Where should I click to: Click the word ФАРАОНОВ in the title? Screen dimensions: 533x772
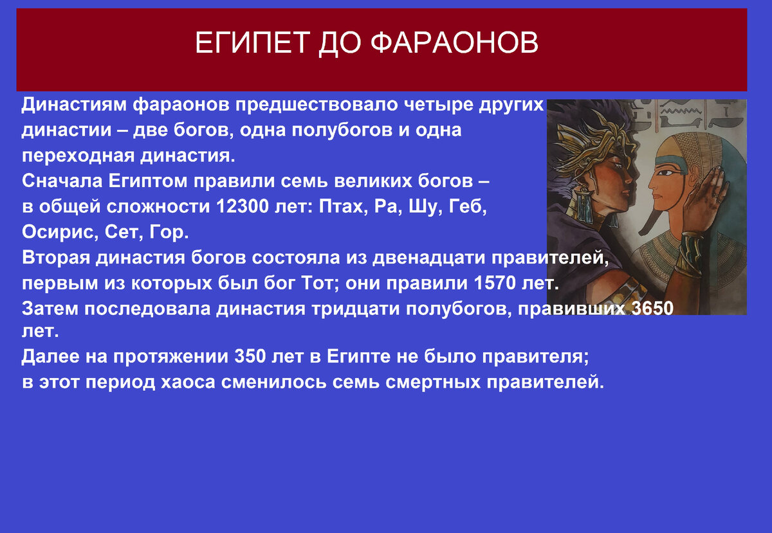point(455,43)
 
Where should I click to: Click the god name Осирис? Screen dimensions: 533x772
point(56,231)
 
